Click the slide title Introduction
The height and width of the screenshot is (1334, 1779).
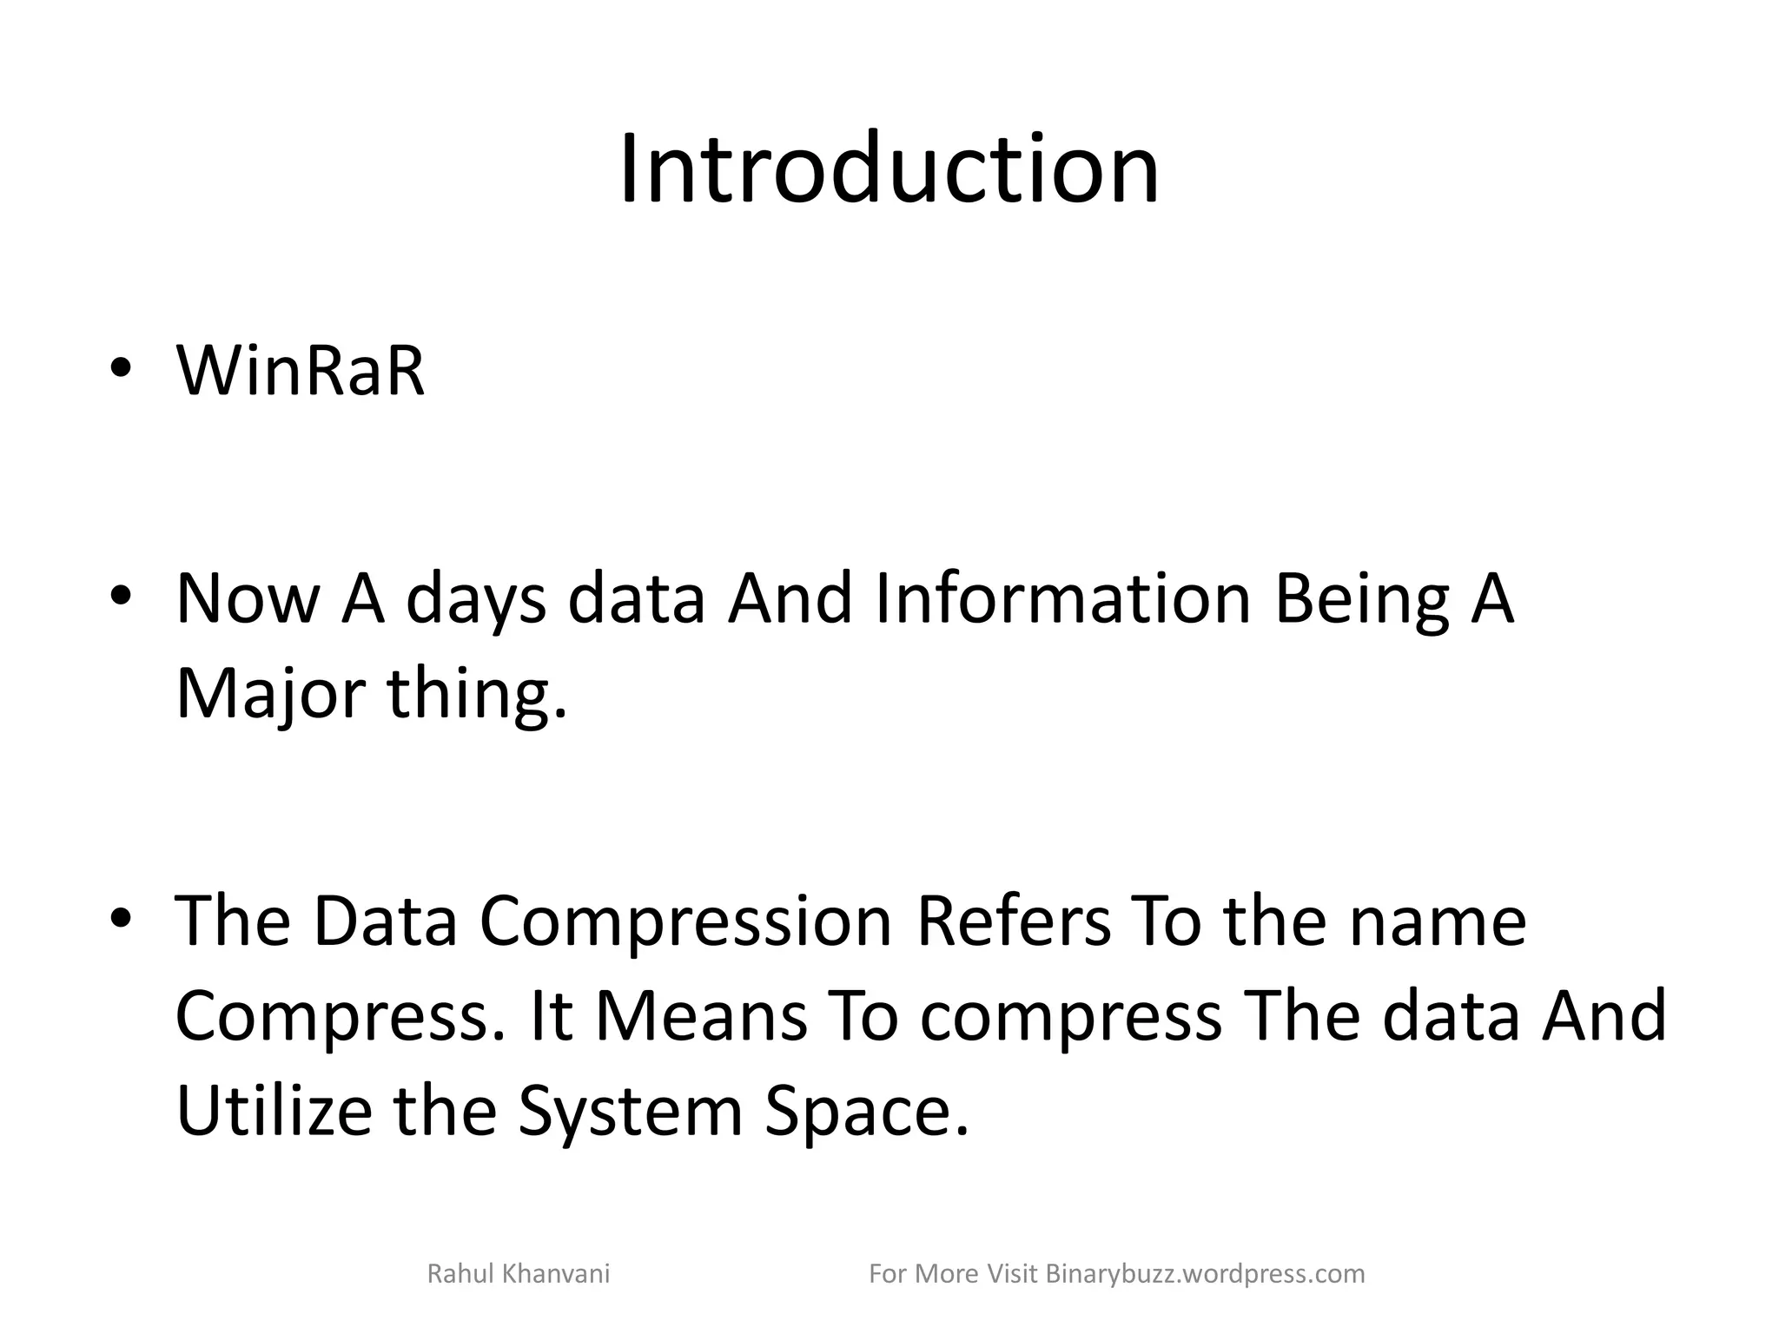[889, 168]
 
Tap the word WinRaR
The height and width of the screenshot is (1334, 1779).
[301, 372]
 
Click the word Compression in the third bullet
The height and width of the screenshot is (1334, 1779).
[686, 921]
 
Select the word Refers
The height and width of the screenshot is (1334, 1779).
[1013, 921]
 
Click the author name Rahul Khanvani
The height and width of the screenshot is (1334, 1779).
[519, 1274]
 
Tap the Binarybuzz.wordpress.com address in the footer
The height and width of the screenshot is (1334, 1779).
[1205, 1274]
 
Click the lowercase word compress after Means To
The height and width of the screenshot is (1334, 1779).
[1070, 1017]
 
